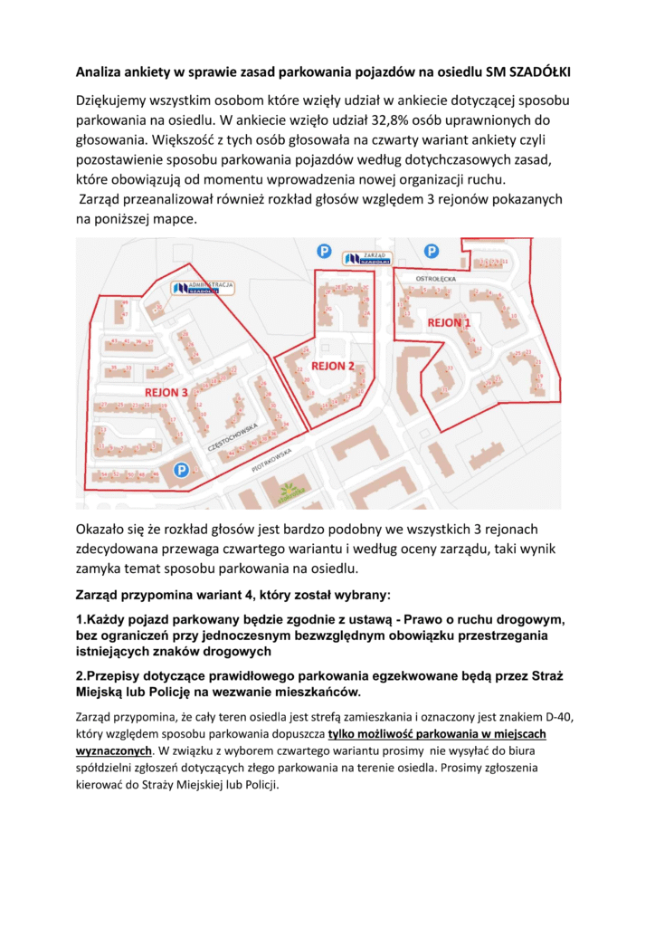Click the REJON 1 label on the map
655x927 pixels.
pos(449,322)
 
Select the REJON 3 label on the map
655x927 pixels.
pos(166,392)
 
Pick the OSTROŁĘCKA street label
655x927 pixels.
pos(434,279)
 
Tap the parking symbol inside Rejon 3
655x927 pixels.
pos(181,470)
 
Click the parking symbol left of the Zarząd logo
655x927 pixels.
pos(322,251)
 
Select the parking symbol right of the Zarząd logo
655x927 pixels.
pos(432,251)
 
